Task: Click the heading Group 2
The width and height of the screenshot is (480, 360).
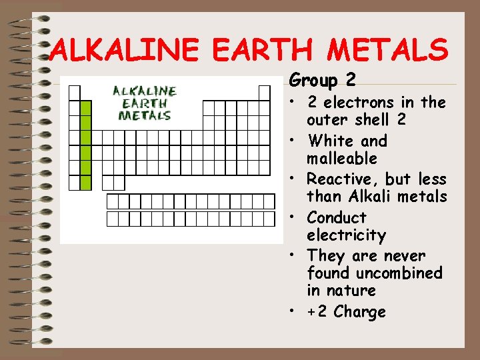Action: click(x=323, y=81)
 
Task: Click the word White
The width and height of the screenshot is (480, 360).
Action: click(x=331, y=141)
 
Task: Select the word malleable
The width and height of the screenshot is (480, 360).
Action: click(x=342, y=159)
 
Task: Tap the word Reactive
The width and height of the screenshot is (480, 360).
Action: click(x=342, y=179)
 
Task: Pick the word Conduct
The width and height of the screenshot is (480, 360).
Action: click(x=337, y=218)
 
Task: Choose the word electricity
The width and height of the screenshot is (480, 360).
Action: click(x=347, y=235)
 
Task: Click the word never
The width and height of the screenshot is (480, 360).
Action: click(x=403, y=256)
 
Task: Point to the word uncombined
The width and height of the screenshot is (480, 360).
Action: click(x=399, y=273)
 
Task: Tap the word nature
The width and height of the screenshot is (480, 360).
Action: click(x=351, y=291)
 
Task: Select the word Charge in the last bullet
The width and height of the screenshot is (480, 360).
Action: click(x=360, y=312)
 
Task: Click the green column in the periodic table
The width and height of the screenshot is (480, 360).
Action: click(x=85, y=145)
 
